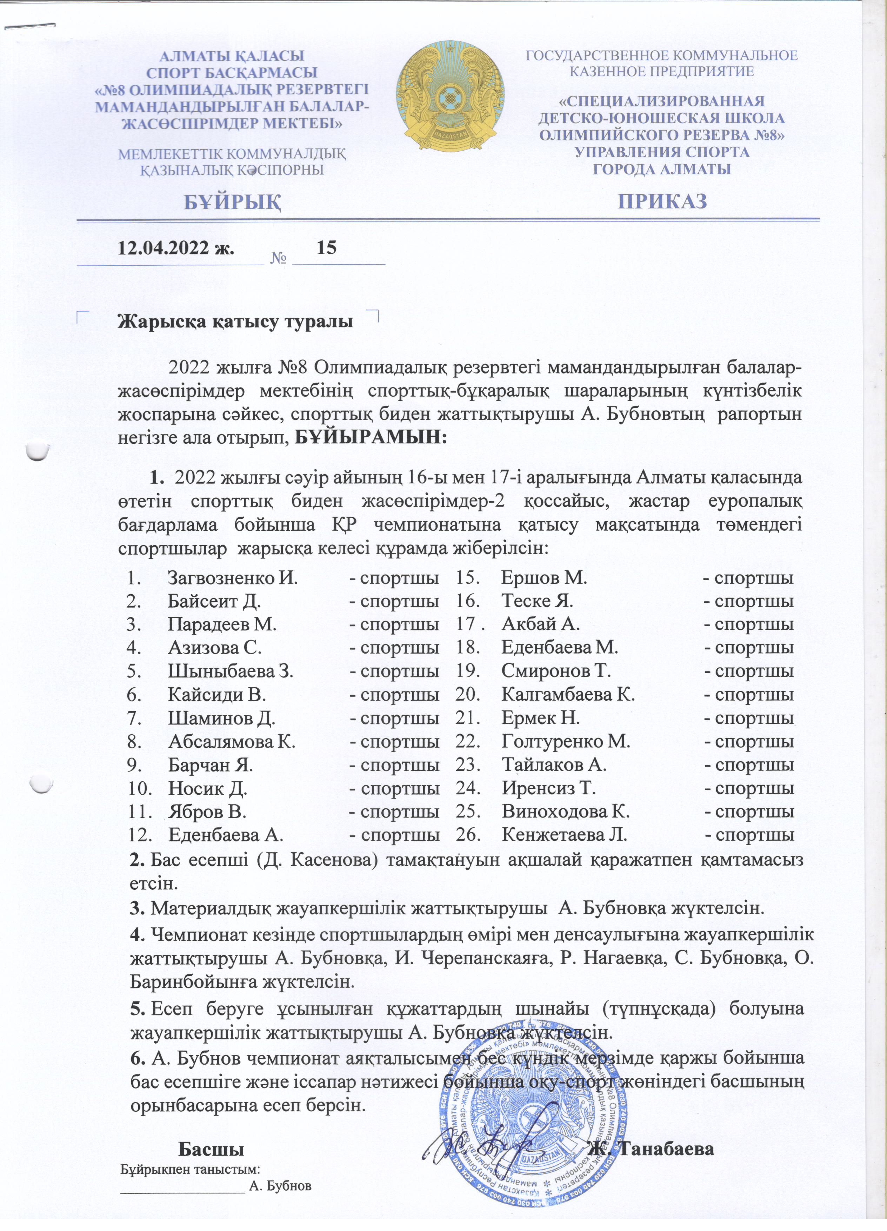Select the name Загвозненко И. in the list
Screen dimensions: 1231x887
pos(233,577)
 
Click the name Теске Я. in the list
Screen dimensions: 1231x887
pos(537,601)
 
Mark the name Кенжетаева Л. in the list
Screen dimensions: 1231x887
pos(564,834)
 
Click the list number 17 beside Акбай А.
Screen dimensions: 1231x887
pos(468,624)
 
